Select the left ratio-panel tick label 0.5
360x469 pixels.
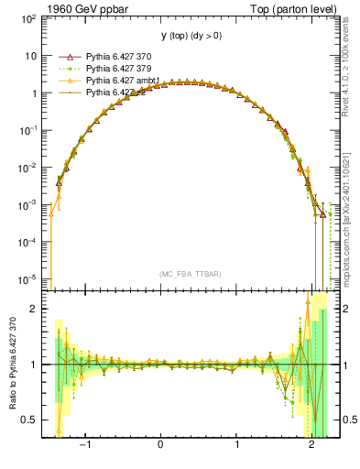(30, 420)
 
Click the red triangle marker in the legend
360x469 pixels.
(65, 57)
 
